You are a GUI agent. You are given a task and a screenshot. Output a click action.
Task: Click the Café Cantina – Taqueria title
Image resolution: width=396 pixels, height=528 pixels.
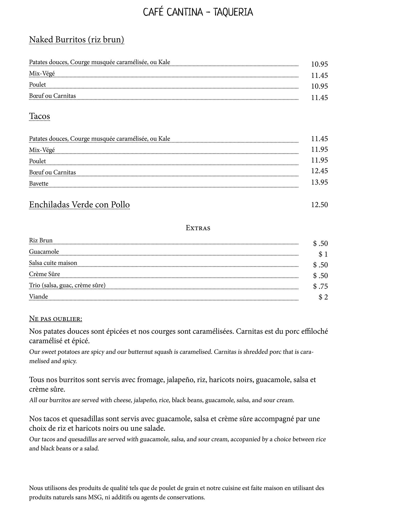(198, 12)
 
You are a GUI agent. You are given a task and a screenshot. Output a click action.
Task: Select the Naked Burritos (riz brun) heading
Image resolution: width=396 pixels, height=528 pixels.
(77, 40)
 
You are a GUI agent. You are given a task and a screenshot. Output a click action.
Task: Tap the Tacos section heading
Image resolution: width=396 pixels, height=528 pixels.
(39, 116)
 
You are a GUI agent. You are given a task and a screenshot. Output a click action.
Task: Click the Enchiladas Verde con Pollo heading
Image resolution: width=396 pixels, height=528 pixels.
(79, 205)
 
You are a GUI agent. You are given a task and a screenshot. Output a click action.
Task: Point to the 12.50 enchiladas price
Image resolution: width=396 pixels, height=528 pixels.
(319, 205)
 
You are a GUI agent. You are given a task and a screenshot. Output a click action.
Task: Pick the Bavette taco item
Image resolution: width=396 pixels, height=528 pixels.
(39, 184)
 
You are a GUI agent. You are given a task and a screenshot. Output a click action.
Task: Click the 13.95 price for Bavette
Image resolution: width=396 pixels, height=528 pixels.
(319, 183)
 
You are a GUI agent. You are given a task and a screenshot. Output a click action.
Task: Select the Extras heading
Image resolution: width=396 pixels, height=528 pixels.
(198, 228)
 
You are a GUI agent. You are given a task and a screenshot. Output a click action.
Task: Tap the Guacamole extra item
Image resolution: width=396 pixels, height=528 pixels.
(44, 252)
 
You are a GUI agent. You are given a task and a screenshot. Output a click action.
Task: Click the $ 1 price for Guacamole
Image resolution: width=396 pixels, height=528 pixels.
(323, 254)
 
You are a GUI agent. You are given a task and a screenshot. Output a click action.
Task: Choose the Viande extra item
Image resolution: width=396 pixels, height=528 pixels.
(38, 297)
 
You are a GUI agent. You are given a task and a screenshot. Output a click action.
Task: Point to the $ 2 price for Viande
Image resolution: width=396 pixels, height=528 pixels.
(323, 297)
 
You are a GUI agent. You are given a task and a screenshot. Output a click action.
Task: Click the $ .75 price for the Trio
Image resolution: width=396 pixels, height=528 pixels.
(320, 286)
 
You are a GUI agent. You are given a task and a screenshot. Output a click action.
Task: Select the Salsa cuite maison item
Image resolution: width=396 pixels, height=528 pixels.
(53, 263)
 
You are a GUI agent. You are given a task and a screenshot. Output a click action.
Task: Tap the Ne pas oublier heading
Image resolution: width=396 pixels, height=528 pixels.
(56, 319)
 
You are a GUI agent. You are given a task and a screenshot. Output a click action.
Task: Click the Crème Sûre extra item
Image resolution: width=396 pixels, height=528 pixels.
(45, 274)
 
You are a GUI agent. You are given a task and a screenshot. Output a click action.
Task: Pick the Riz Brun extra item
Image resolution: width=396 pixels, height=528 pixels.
(41, 241)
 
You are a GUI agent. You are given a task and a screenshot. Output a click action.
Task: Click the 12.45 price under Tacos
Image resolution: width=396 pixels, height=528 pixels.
(319, 171)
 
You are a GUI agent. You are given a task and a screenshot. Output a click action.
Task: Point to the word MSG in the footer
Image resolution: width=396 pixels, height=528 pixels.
(95, 497)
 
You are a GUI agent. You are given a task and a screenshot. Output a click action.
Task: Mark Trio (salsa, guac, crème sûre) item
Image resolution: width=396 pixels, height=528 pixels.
(67, 285)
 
